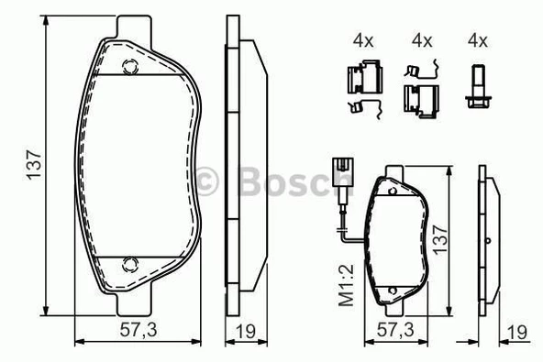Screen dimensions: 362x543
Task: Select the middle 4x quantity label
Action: point(421,40)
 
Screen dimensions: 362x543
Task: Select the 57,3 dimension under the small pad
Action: point(395,328)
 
